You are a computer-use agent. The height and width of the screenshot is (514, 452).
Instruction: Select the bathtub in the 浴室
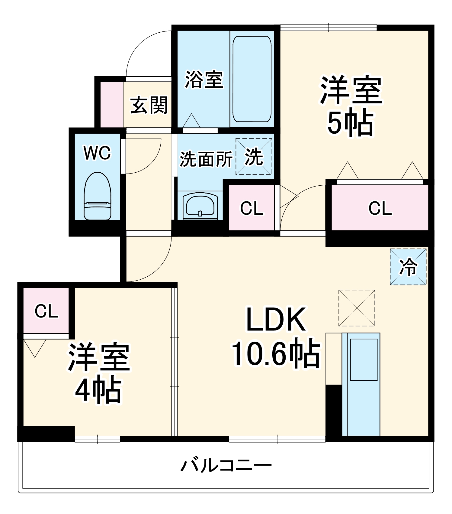pos(252,79)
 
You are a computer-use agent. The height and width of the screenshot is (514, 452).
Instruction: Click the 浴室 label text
pos(204,80)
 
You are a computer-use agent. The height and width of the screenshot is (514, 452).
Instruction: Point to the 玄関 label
pos(149,105)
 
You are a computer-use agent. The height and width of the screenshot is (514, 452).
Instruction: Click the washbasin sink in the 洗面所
pos(200,205)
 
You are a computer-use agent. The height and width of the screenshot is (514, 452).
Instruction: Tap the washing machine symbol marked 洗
pos(254,157)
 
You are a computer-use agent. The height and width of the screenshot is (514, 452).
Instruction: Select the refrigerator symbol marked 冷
pos(408,267)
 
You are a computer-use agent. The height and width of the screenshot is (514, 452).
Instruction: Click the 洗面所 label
pos(206,159)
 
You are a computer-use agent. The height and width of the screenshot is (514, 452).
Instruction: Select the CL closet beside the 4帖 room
pos(46,311)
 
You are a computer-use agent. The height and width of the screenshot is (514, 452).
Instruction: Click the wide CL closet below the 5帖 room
pos(380,208)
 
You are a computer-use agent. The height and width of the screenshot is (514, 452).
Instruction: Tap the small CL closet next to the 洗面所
pos(252,208)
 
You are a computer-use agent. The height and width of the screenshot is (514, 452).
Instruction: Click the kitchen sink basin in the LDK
pos(364,359)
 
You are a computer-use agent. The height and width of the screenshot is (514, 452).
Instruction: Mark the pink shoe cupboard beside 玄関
pos(111,105)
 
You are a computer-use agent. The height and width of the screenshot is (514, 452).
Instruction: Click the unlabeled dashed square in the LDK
pos(357,308)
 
